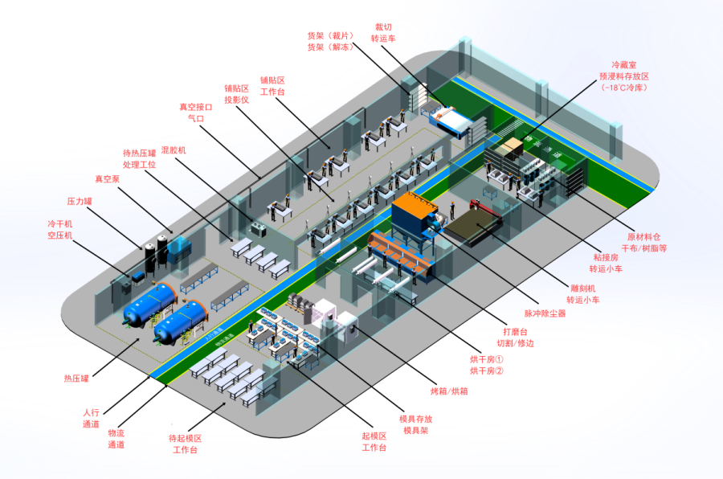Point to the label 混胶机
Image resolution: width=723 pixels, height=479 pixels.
pyautogui.click(x=174, y=150)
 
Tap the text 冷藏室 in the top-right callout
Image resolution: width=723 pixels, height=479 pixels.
pyautogui.click(x=627, y=62)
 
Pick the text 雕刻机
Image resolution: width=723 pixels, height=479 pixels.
pyautogui.click(x=584, y=288)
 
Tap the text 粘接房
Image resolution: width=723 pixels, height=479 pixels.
pyautogui.click(x=605, y=257)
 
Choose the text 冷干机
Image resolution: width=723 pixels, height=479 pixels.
pyautogui.click(x=60, y=223)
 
